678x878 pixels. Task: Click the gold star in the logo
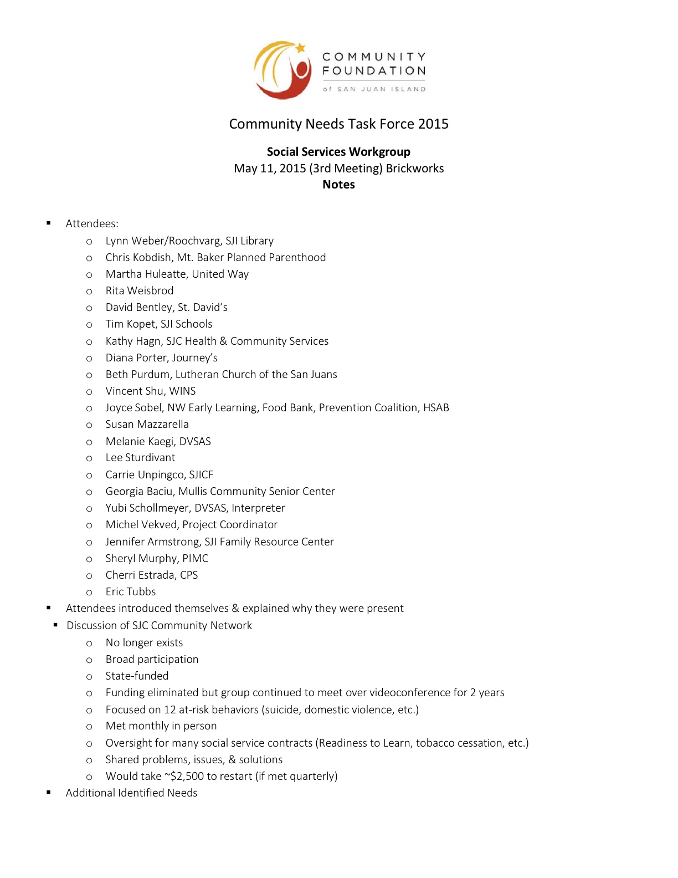(x=301, y=48)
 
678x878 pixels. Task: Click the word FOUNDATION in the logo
(x=374, y=71)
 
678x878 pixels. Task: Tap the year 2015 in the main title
(x=433, y=124)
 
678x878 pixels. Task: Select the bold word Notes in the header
(x=338, y=185)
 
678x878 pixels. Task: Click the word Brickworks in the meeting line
(x=415, y=169)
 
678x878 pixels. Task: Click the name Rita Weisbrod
(x=140, y=291)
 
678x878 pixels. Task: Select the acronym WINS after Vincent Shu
(x=182, y=391)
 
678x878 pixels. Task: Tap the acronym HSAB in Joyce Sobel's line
(x=436, y=408)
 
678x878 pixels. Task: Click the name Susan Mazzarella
(x=147, y=425)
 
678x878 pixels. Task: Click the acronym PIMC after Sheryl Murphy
(x=195, y=559)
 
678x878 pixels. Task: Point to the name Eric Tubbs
(x=131, y=592)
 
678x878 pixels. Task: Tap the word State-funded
(x=137, y=676)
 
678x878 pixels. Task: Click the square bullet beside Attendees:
(x=49, y=223)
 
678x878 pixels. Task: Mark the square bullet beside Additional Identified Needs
(x=49, y=793)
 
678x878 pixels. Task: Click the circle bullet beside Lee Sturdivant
(x=89, y=458)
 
